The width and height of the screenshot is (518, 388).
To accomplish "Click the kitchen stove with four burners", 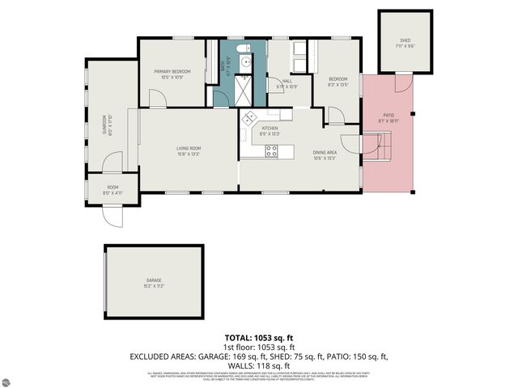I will tap(272, 150).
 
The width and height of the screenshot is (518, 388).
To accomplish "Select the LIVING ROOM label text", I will tap(189, 148).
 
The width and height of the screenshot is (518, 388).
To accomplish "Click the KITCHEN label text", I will tap(269, 128).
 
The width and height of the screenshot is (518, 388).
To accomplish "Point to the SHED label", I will tap(405, 40).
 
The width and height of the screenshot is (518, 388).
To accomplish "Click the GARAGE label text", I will tap(154, 281).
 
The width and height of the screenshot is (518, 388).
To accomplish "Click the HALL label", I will tap(282, 82).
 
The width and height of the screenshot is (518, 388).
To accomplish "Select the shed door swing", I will tap(402, 82).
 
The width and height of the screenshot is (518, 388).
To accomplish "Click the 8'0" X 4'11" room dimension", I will tap(113, 192).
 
